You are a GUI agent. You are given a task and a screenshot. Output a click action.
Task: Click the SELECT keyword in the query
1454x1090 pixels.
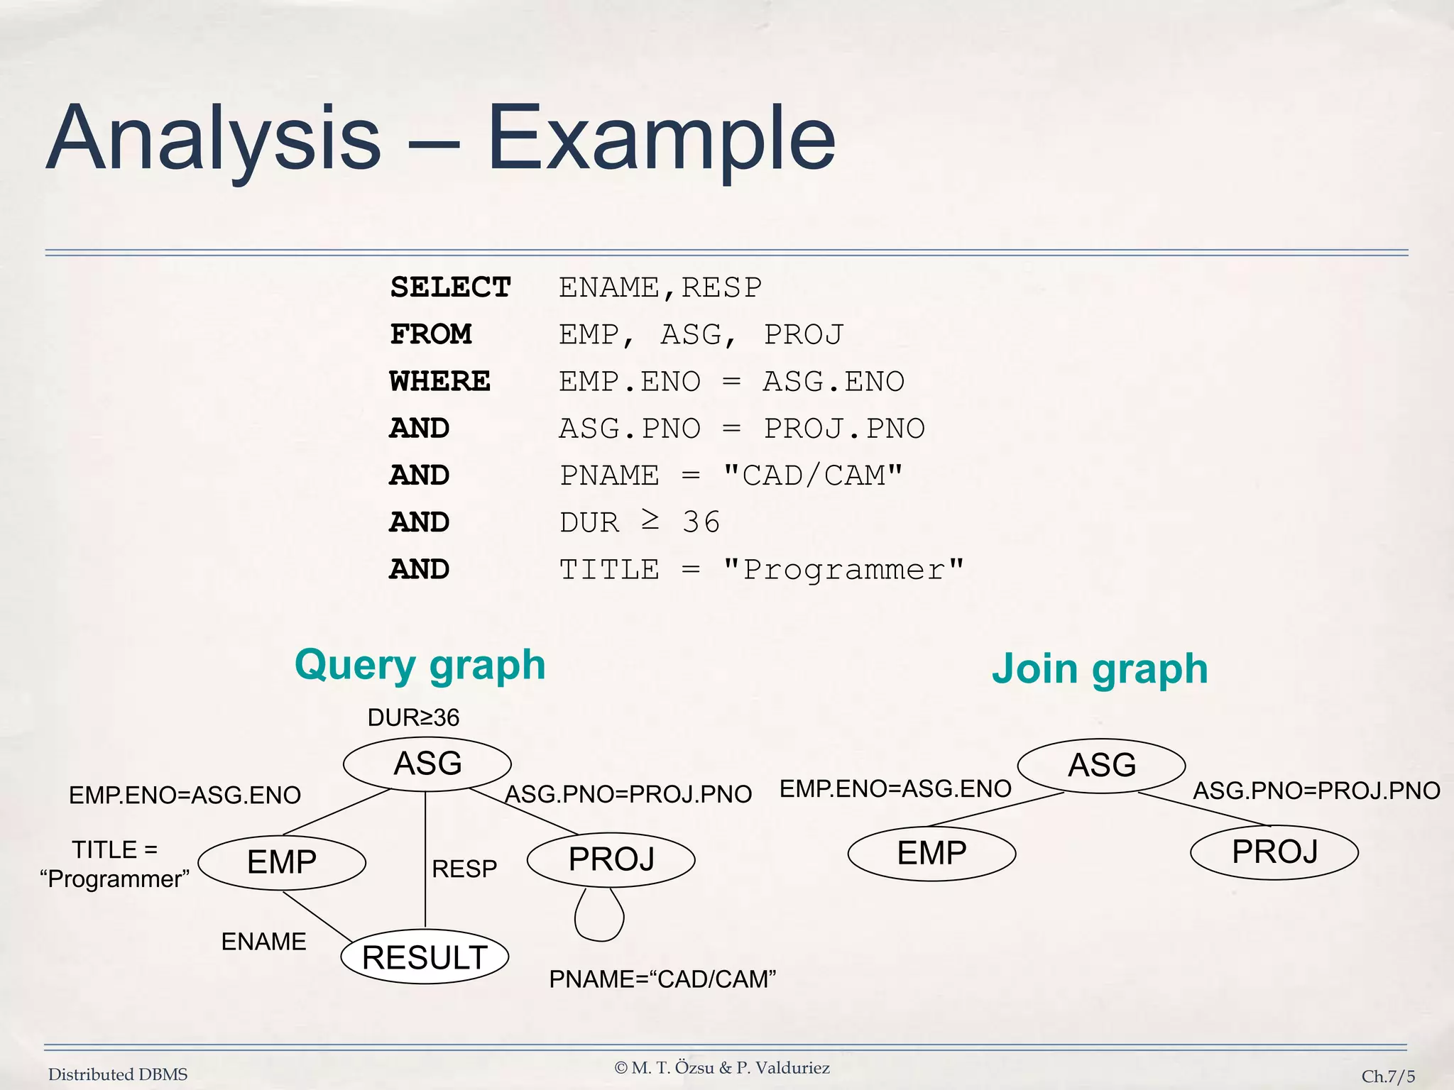pyautogui.click(x=450, y=287)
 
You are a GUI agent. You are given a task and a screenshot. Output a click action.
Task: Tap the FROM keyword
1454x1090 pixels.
pyautogui.click(x=431, y=334)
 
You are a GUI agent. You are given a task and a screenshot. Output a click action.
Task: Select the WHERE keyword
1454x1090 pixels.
pyautogui.click(x=439, y=382)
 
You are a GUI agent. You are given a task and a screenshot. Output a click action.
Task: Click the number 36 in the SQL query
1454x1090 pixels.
pyautogui.click(x=701, y=522)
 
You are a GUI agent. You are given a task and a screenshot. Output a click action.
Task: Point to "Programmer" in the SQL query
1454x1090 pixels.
pyautogui.click(x=843, y=570)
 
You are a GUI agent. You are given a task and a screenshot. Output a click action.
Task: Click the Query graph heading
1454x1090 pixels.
pyautogui.click(x=420, y=666)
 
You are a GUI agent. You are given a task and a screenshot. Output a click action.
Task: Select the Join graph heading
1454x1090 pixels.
pyautogui.click(x=1099, y=669)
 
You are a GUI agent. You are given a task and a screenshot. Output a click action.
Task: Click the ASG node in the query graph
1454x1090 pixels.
pyautogui.click(x=427, y=764)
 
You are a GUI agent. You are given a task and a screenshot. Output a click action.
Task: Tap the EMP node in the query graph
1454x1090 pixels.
pyautogui.click(x=282, y=862)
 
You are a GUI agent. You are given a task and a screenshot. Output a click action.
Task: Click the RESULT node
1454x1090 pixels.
pyautogui.click(x=425, y=957)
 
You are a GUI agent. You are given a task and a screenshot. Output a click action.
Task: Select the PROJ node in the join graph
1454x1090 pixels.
pyautogui.click(x=1274, y=852)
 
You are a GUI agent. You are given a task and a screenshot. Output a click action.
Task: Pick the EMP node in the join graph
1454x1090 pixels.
pyautogui.click(x=931, y=853)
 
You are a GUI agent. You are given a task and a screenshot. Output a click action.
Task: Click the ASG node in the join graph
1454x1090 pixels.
pyautogui.click(x=1101, y=766)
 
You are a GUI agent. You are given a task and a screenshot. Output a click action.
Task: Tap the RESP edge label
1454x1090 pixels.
pyautogui.click(x=464, y=869)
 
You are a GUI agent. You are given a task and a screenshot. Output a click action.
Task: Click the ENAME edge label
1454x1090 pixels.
pyautogui.click(x=263, y=942)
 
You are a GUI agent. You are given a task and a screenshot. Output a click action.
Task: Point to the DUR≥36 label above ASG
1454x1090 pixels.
pyautogui.click(x=413, y=718)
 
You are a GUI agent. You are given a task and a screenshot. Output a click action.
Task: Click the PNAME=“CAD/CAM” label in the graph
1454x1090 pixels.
pyautogui.click(x=662, y=979)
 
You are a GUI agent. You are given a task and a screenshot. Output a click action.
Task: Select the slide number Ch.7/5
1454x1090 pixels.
pyautogui.click(x=1387, y=1076)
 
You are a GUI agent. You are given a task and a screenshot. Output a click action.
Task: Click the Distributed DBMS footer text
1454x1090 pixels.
pyautogui.click(x=118, y=1074)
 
